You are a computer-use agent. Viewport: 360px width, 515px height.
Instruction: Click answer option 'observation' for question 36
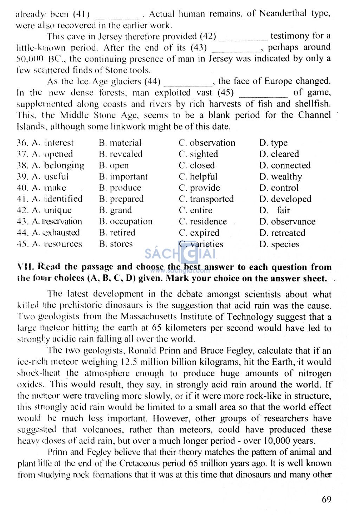(x=212, y=143)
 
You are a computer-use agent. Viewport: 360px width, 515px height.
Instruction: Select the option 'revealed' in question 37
(x=126, y=154)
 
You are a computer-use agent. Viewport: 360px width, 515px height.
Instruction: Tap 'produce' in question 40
(x=125, y=188)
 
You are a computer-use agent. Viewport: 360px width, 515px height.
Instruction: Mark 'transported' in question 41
(x=211, y=199)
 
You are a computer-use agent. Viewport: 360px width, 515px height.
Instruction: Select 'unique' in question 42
(x=58, y=210)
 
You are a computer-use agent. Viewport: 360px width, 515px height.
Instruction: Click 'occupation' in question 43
(x=131, y=222)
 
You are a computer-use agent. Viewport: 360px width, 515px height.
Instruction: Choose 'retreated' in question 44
(x=288, y=233)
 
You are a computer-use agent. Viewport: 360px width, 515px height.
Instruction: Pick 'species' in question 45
(x=285, y=245)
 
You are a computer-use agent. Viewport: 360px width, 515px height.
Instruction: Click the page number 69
(x=326, y=499)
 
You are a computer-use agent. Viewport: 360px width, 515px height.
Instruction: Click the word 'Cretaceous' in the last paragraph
(x=140, y=463)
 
